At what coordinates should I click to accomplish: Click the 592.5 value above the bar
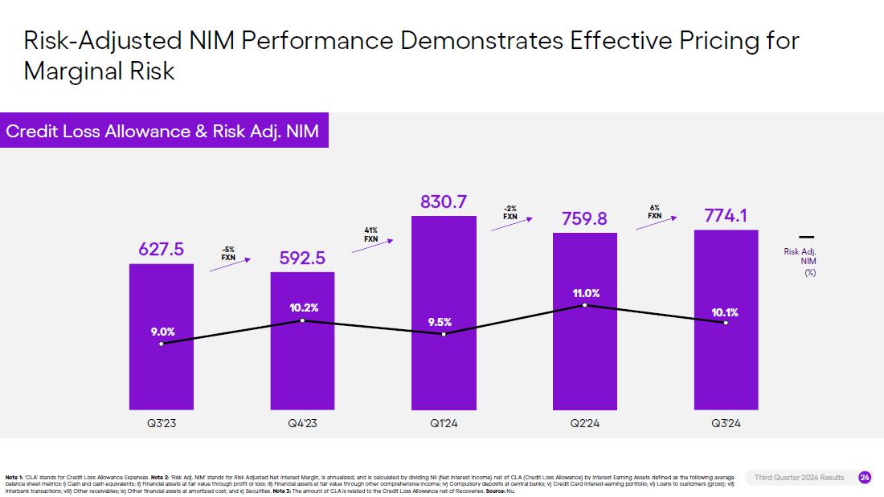tap(302, 259)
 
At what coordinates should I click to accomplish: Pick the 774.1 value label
tap(726, 216)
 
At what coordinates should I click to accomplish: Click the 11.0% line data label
tap(585, 294)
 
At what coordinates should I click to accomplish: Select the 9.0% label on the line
tap(162, 331)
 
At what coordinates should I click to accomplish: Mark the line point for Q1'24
tap(444, 333)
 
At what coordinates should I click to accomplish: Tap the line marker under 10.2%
tap(302, 320)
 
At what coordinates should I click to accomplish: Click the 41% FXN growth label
tap(370, 234)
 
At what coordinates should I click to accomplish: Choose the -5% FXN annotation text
tap(228, 253)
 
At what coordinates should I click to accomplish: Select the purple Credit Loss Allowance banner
tap(163, 131)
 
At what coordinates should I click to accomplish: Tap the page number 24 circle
tap(865, 478)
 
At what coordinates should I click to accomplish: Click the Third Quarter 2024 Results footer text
tap(799, 478)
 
